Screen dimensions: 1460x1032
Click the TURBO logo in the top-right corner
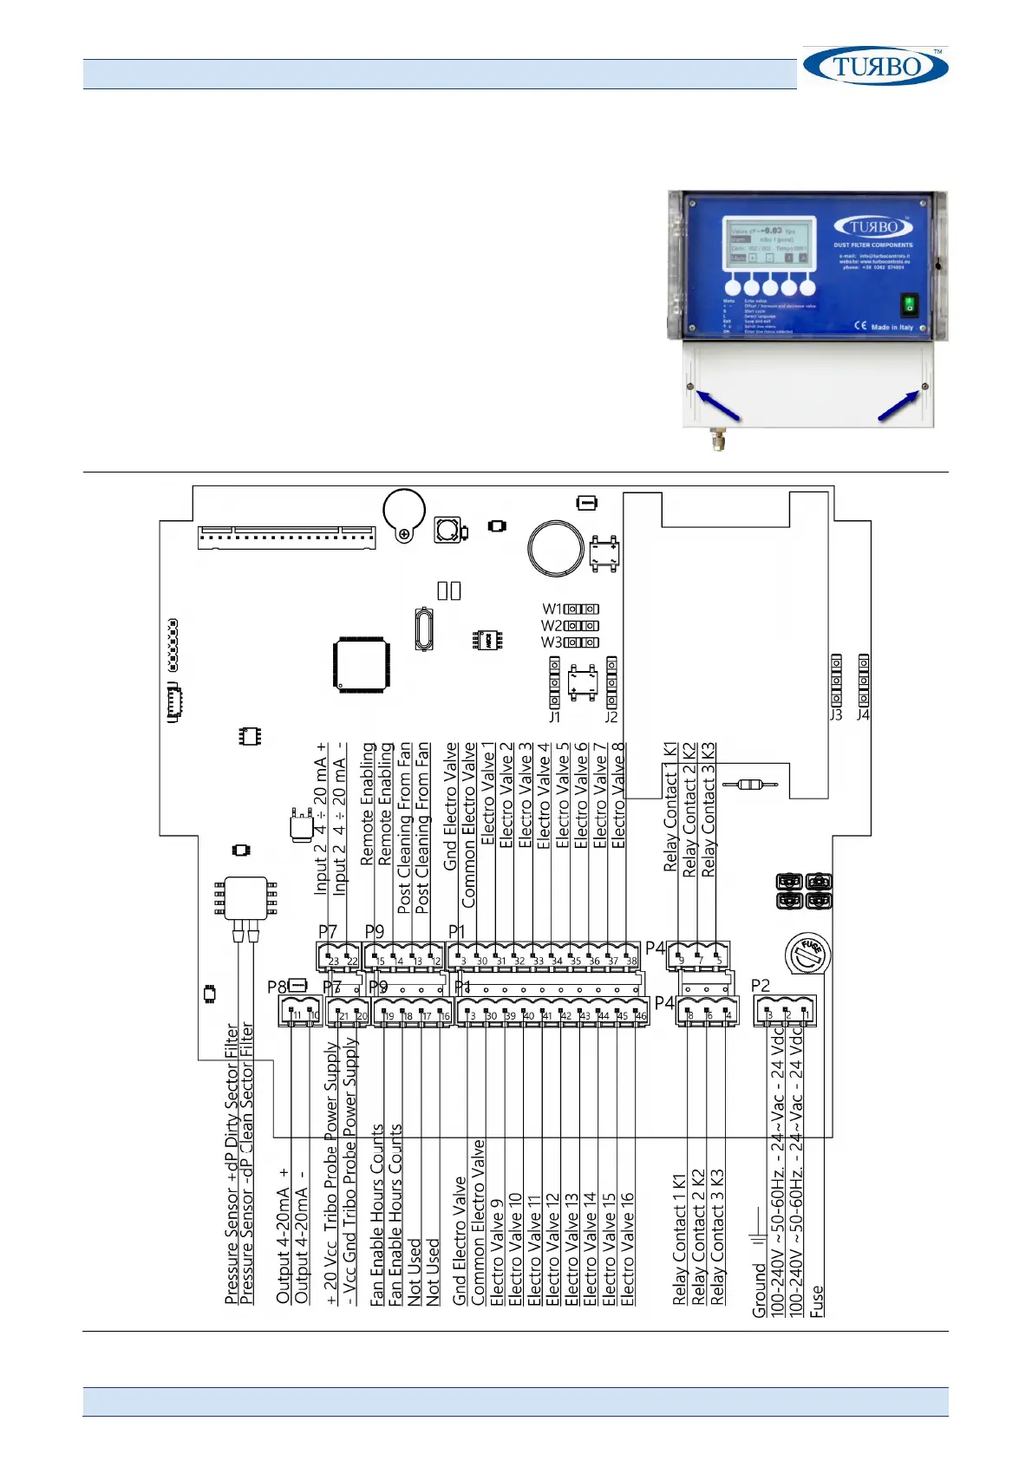(875, 66)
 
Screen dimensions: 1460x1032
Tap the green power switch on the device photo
(908, 303)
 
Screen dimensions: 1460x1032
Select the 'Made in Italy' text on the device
(891, 327)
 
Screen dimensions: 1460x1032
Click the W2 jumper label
(552, 625)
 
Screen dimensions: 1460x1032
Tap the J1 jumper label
(554, 717)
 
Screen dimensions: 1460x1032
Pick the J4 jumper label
(862, 715)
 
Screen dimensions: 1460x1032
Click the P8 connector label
(277, 987)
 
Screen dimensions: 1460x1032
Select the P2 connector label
(760, 985)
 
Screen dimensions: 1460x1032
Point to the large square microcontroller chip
(362, 665)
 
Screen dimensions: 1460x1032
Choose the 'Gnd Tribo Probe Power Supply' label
(350, 1170)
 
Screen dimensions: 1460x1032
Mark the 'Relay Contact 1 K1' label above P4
(670, 806)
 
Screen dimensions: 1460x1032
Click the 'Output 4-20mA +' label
(283, 1235)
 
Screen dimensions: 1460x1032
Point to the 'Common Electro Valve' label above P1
(469, 825)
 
